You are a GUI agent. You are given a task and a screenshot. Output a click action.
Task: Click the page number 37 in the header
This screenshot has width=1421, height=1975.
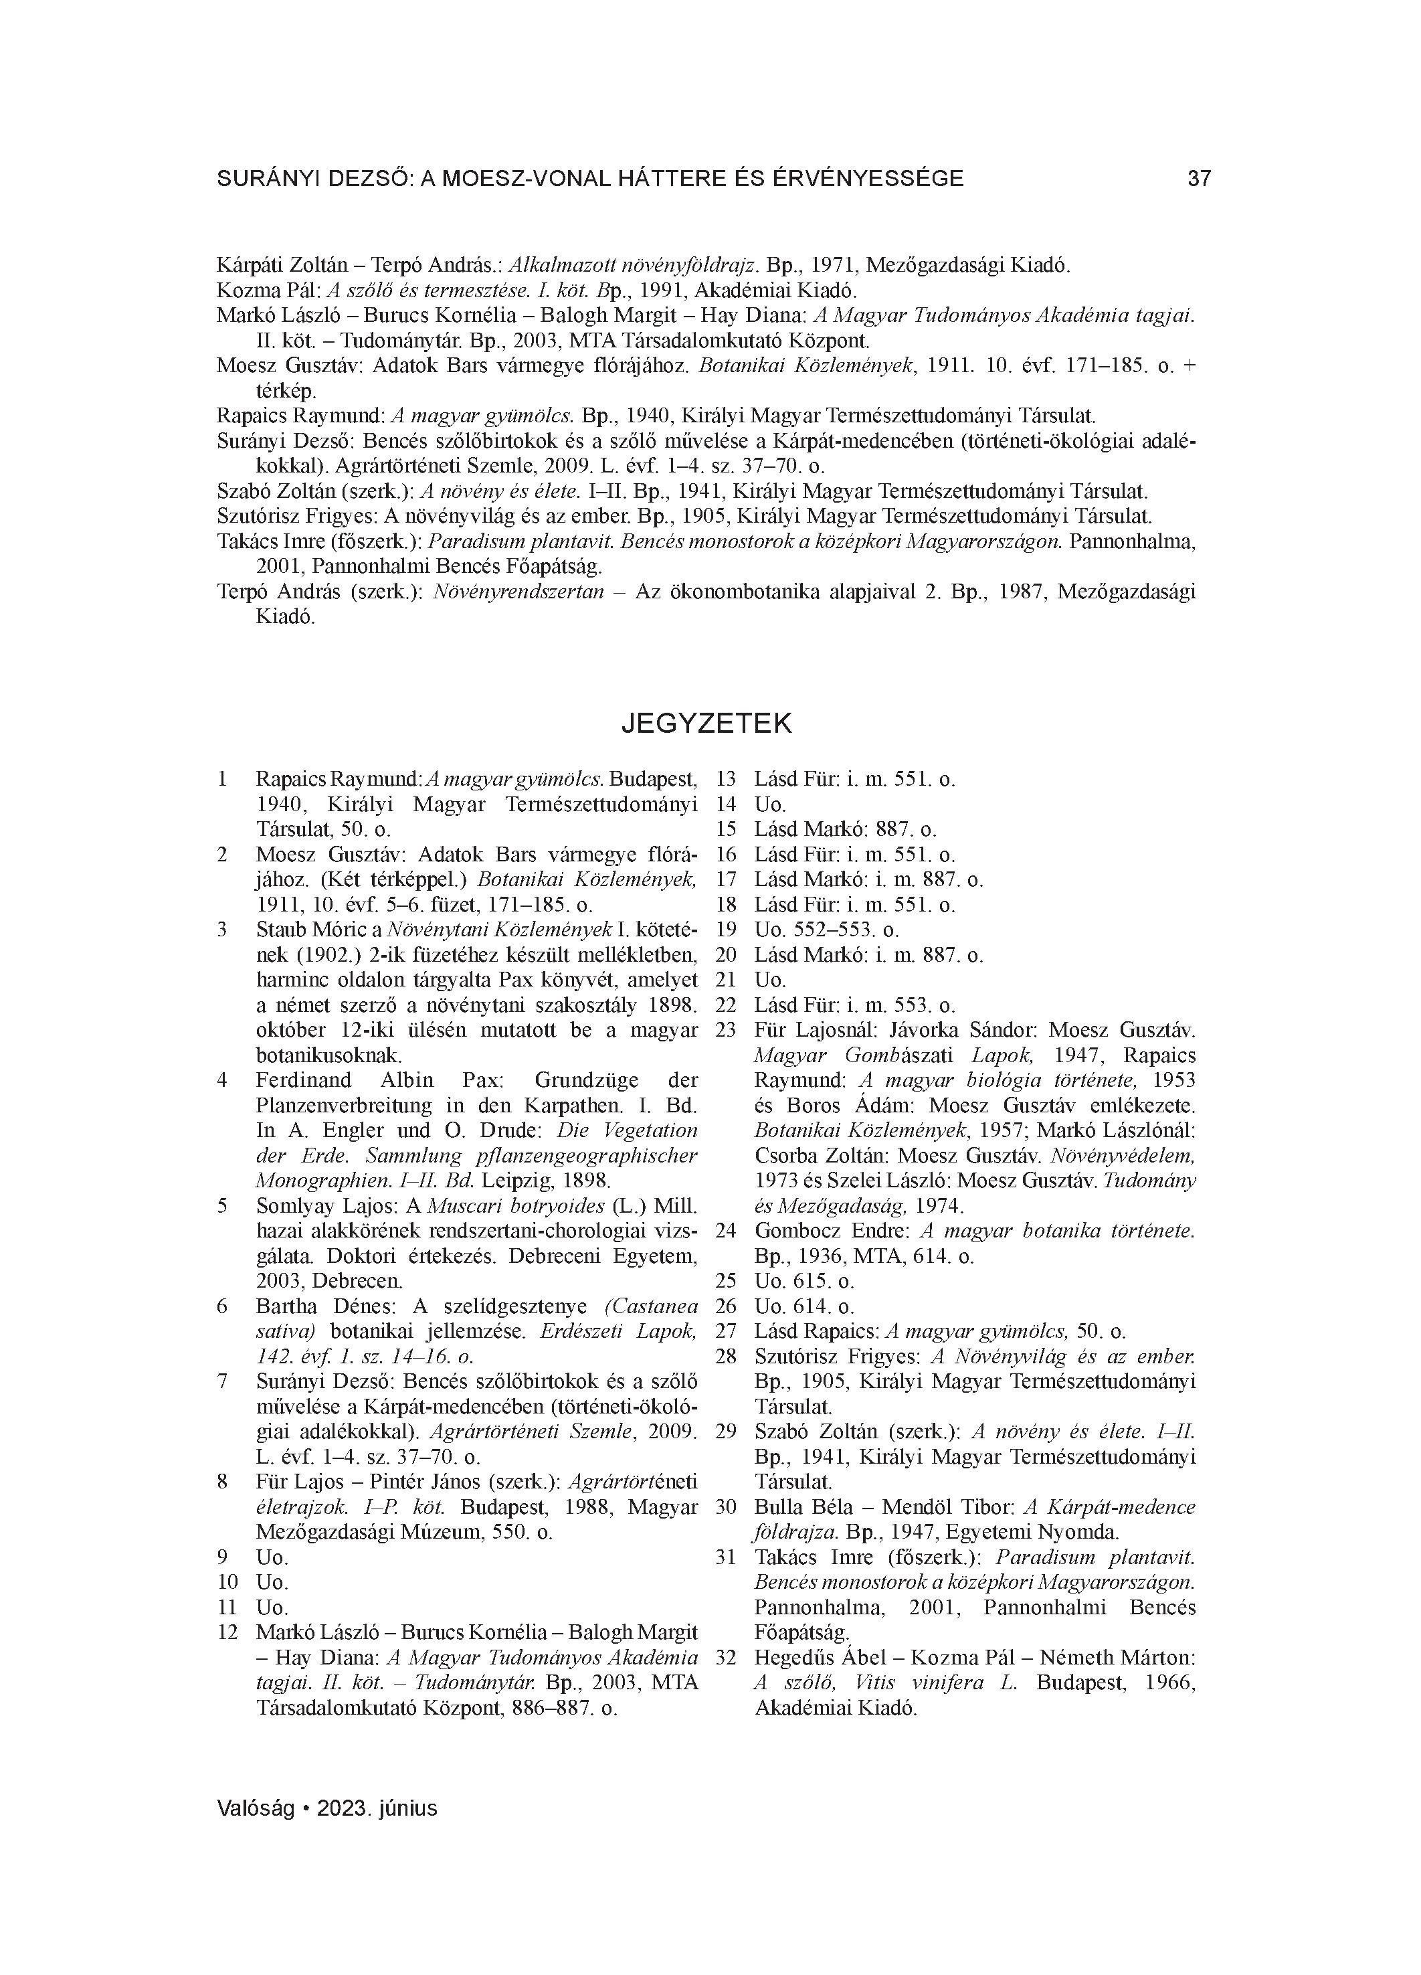(1199, 179)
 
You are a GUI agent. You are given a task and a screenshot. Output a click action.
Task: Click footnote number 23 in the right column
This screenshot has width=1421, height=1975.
(726, 1030)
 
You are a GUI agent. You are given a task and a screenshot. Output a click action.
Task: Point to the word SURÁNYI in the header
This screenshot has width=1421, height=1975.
(268, 179)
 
